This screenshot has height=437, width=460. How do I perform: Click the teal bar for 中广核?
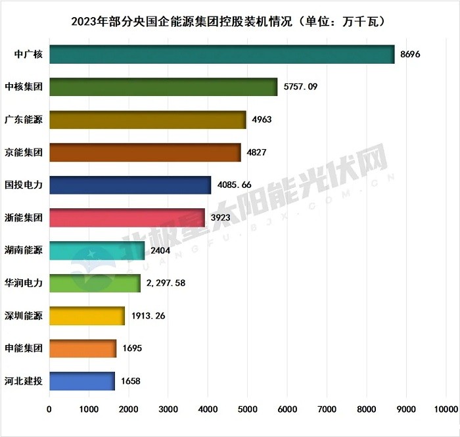point(221,55)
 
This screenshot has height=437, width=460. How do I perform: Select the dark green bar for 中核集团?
point(163,87)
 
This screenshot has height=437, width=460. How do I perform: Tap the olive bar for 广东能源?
point(147,120)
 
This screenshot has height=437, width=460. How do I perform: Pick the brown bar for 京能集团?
point(145,152)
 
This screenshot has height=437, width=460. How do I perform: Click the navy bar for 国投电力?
point(130,185)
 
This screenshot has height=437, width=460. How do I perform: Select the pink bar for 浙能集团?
point(127,218)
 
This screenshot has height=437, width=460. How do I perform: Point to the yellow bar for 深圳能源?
point(87,316)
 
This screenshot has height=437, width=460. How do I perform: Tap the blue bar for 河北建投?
point(81,381)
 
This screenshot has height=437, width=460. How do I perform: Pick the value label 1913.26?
point(148,316)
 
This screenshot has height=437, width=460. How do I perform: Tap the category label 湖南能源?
point(24,250)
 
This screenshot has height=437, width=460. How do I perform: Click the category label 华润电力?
point(24,283)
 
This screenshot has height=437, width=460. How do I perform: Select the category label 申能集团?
point(24,348)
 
